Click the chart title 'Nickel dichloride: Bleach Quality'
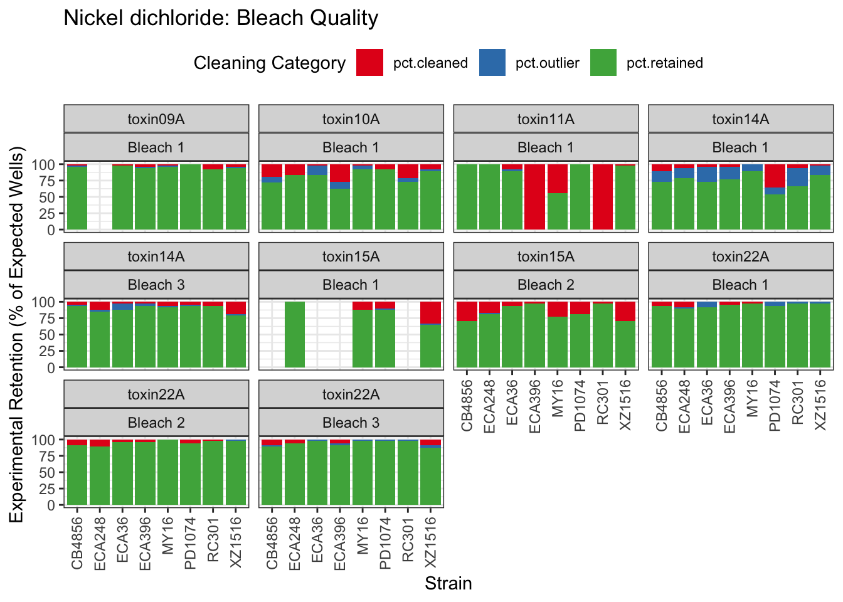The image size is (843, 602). [x=221, y=18]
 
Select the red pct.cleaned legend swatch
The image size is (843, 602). [x=369, y=63]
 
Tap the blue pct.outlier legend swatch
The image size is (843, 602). [x=492, y=63]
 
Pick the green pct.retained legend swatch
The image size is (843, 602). [x=603, y=63]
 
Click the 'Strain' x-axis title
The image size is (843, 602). [x=448, y=584]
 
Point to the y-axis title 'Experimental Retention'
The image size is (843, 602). [x=16, y=334]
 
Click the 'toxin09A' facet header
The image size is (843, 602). [x=156, y=119]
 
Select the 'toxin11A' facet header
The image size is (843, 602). [x=546, y=119]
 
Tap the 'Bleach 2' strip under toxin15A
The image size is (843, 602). [x=546, y=285]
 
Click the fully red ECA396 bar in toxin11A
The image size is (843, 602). [x=535, y=197]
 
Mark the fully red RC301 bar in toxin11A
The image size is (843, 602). [x=603, y=197]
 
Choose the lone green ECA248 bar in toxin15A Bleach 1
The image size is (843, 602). [x=295, y=334]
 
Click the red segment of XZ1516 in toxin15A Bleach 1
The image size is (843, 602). [x=430, y=312]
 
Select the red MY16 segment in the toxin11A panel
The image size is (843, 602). [x=558, y=179]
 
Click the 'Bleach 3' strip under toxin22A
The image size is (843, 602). [x=351, y=423]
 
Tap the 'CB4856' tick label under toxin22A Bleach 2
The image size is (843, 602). [x=77, y=542]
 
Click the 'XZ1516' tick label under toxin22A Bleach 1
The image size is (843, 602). [x=820, y=404]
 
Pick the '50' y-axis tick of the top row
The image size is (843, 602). [x=50, y=197]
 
